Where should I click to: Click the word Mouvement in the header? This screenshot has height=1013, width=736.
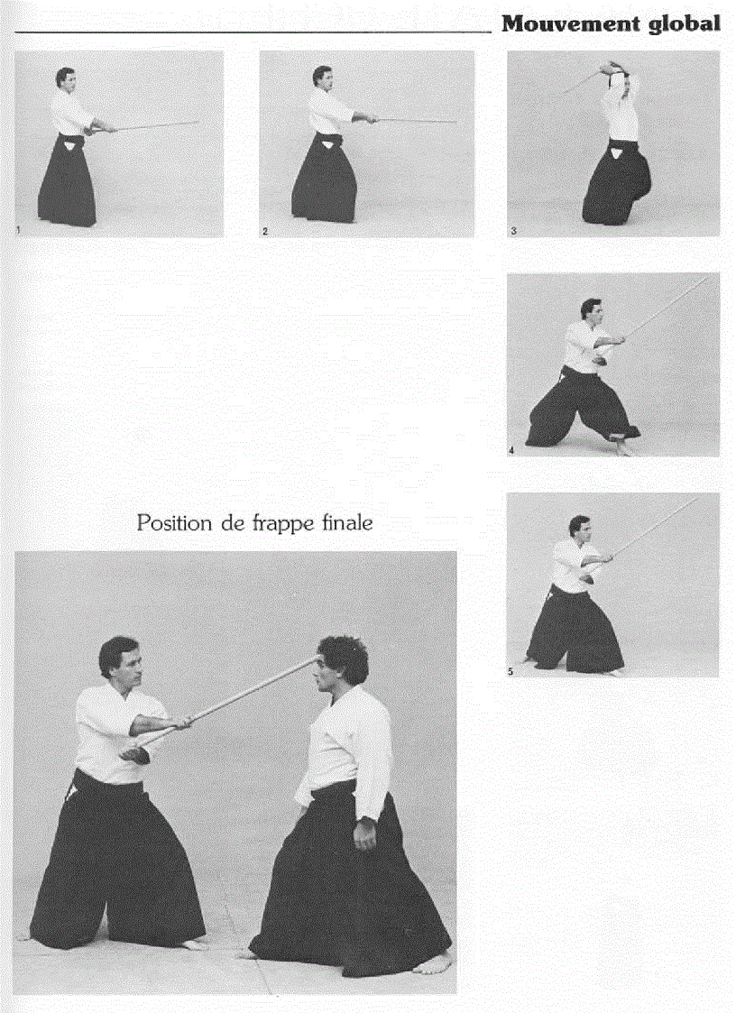570,23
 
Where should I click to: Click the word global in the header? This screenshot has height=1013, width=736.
685,23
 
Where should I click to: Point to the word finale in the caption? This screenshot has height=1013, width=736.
346,522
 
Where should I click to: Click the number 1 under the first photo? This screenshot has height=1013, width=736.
19,232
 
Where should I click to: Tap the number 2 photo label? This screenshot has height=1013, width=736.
265,232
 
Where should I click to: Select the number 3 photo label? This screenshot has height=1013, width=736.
512,232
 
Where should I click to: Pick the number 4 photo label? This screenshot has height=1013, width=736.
511,449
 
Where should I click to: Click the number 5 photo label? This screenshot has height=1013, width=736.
511,671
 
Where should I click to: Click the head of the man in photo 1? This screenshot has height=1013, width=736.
64,79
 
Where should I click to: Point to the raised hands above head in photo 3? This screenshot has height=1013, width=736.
619,68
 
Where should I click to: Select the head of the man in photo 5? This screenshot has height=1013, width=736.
581,527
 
